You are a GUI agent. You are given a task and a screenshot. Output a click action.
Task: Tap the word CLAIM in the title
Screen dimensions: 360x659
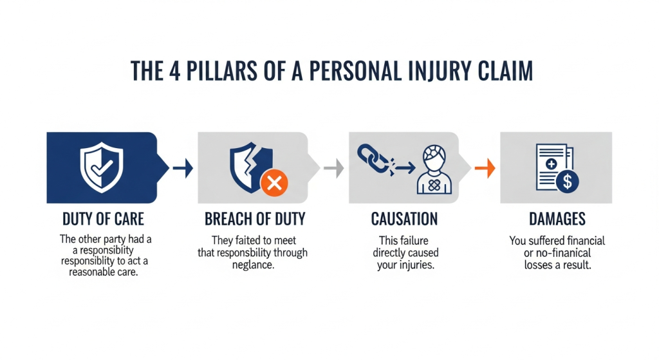[x=501, y=71]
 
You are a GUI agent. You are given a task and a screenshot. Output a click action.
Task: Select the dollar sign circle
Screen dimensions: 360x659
[x=567, y=182]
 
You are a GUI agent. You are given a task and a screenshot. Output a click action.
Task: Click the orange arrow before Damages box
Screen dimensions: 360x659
[x=485, y=169]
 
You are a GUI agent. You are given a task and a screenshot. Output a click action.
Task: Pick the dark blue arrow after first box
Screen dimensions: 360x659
[x=183, y=169]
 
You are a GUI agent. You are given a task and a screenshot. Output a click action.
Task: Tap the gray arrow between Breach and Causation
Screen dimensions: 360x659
[x=333, y=169]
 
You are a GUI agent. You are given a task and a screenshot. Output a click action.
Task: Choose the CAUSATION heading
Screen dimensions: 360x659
[x=404, y=219]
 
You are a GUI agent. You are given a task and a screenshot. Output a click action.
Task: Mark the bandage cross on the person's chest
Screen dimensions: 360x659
[x=434, y=185]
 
